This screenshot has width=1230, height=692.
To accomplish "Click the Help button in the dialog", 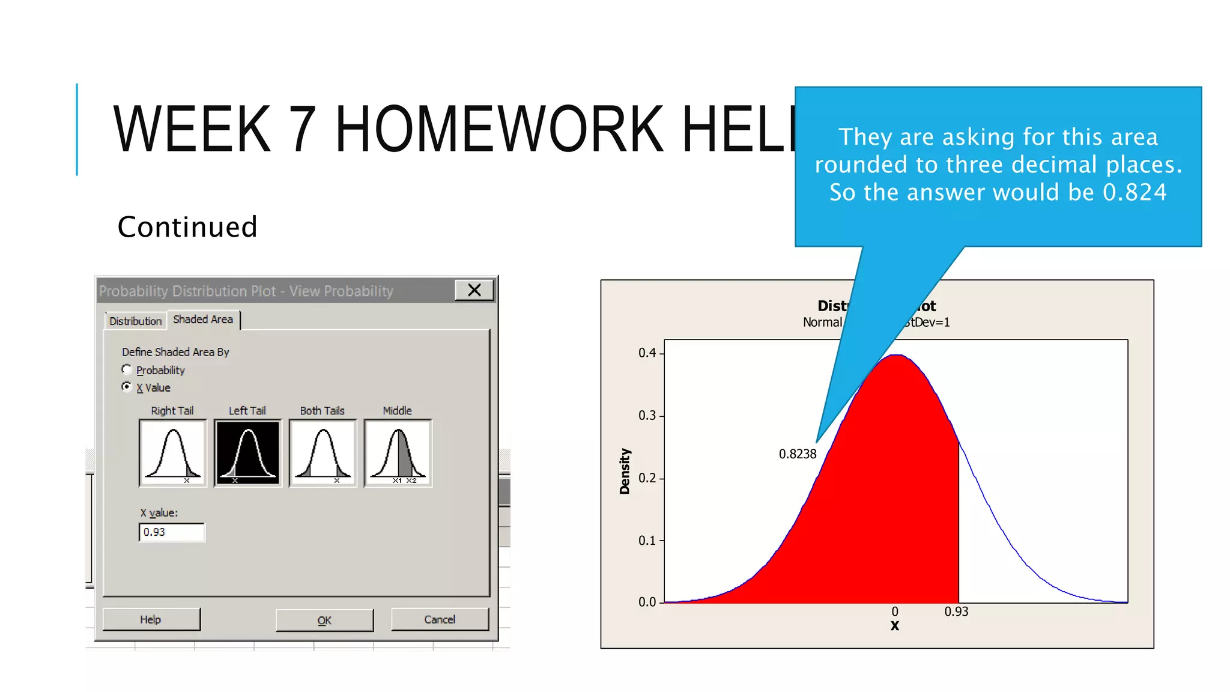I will pos(151,619).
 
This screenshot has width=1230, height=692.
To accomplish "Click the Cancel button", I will pos(440,619).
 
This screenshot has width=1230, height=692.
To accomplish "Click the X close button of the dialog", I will pos(474,291).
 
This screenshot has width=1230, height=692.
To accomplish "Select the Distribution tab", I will pos(136,321).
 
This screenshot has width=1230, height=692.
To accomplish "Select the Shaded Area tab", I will pos(203,320).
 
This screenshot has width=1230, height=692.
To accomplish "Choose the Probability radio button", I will pos(127,369).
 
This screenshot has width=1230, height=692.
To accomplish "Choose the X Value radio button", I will pos(127,387).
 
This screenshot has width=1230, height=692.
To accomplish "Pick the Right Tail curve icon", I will pos(173,453).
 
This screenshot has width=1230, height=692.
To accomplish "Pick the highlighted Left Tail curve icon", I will pos(248,453).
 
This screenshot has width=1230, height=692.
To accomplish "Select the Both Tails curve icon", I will pos(323,453).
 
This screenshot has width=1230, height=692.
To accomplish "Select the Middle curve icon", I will pos(398,453).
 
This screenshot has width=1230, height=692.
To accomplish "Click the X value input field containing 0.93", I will pos(172,532).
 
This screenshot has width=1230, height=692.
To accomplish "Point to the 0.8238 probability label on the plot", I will pos(798,454).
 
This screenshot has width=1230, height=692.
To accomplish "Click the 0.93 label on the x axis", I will pos(956,612).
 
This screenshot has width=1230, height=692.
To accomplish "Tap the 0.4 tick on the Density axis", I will pos(647,353).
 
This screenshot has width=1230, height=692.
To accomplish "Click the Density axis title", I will pos(625,472).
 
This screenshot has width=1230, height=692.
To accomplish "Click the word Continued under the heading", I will pos(187,227).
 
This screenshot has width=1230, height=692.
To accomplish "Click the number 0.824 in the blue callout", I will pos(1135,193).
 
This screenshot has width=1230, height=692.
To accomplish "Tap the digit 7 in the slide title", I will pos(303,129).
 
